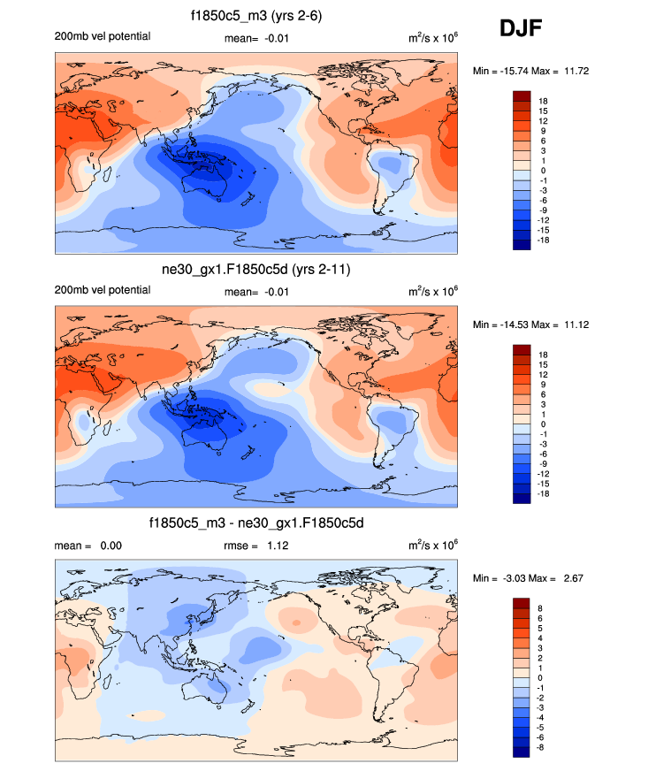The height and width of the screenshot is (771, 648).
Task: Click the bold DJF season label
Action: coord(521,30)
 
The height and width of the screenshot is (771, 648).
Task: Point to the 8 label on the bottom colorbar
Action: coord(541,608)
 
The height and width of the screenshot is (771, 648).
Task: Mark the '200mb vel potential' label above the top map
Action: coord(103,36)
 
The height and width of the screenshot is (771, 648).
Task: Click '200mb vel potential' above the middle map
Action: coord(103,291)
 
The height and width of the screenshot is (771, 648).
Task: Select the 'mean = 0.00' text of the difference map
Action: coord(88,546)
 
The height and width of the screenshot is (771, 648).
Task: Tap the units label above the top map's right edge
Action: coord(433,36)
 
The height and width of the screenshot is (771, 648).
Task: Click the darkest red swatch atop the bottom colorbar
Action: coord(521,603)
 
